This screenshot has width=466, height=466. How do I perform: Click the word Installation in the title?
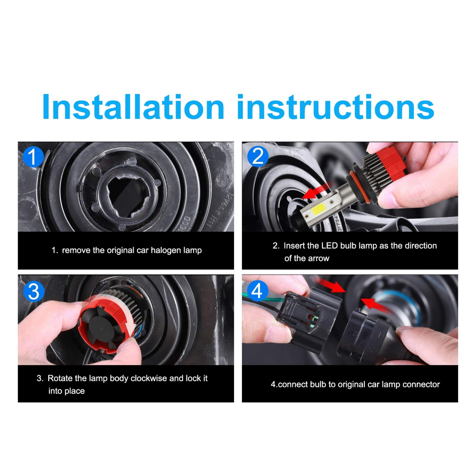coord(133,107)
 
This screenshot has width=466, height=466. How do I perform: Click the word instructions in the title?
coord(336,107)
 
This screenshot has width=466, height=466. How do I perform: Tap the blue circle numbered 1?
coord(33,157)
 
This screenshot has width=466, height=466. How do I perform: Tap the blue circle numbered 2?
coord(258,156)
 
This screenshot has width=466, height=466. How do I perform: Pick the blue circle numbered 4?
coord(257,291)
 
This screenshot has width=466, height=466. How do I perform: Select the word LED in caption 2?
coord(329,246)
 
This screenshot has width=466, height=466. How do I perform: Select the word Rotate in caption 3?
coord(60,378)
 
